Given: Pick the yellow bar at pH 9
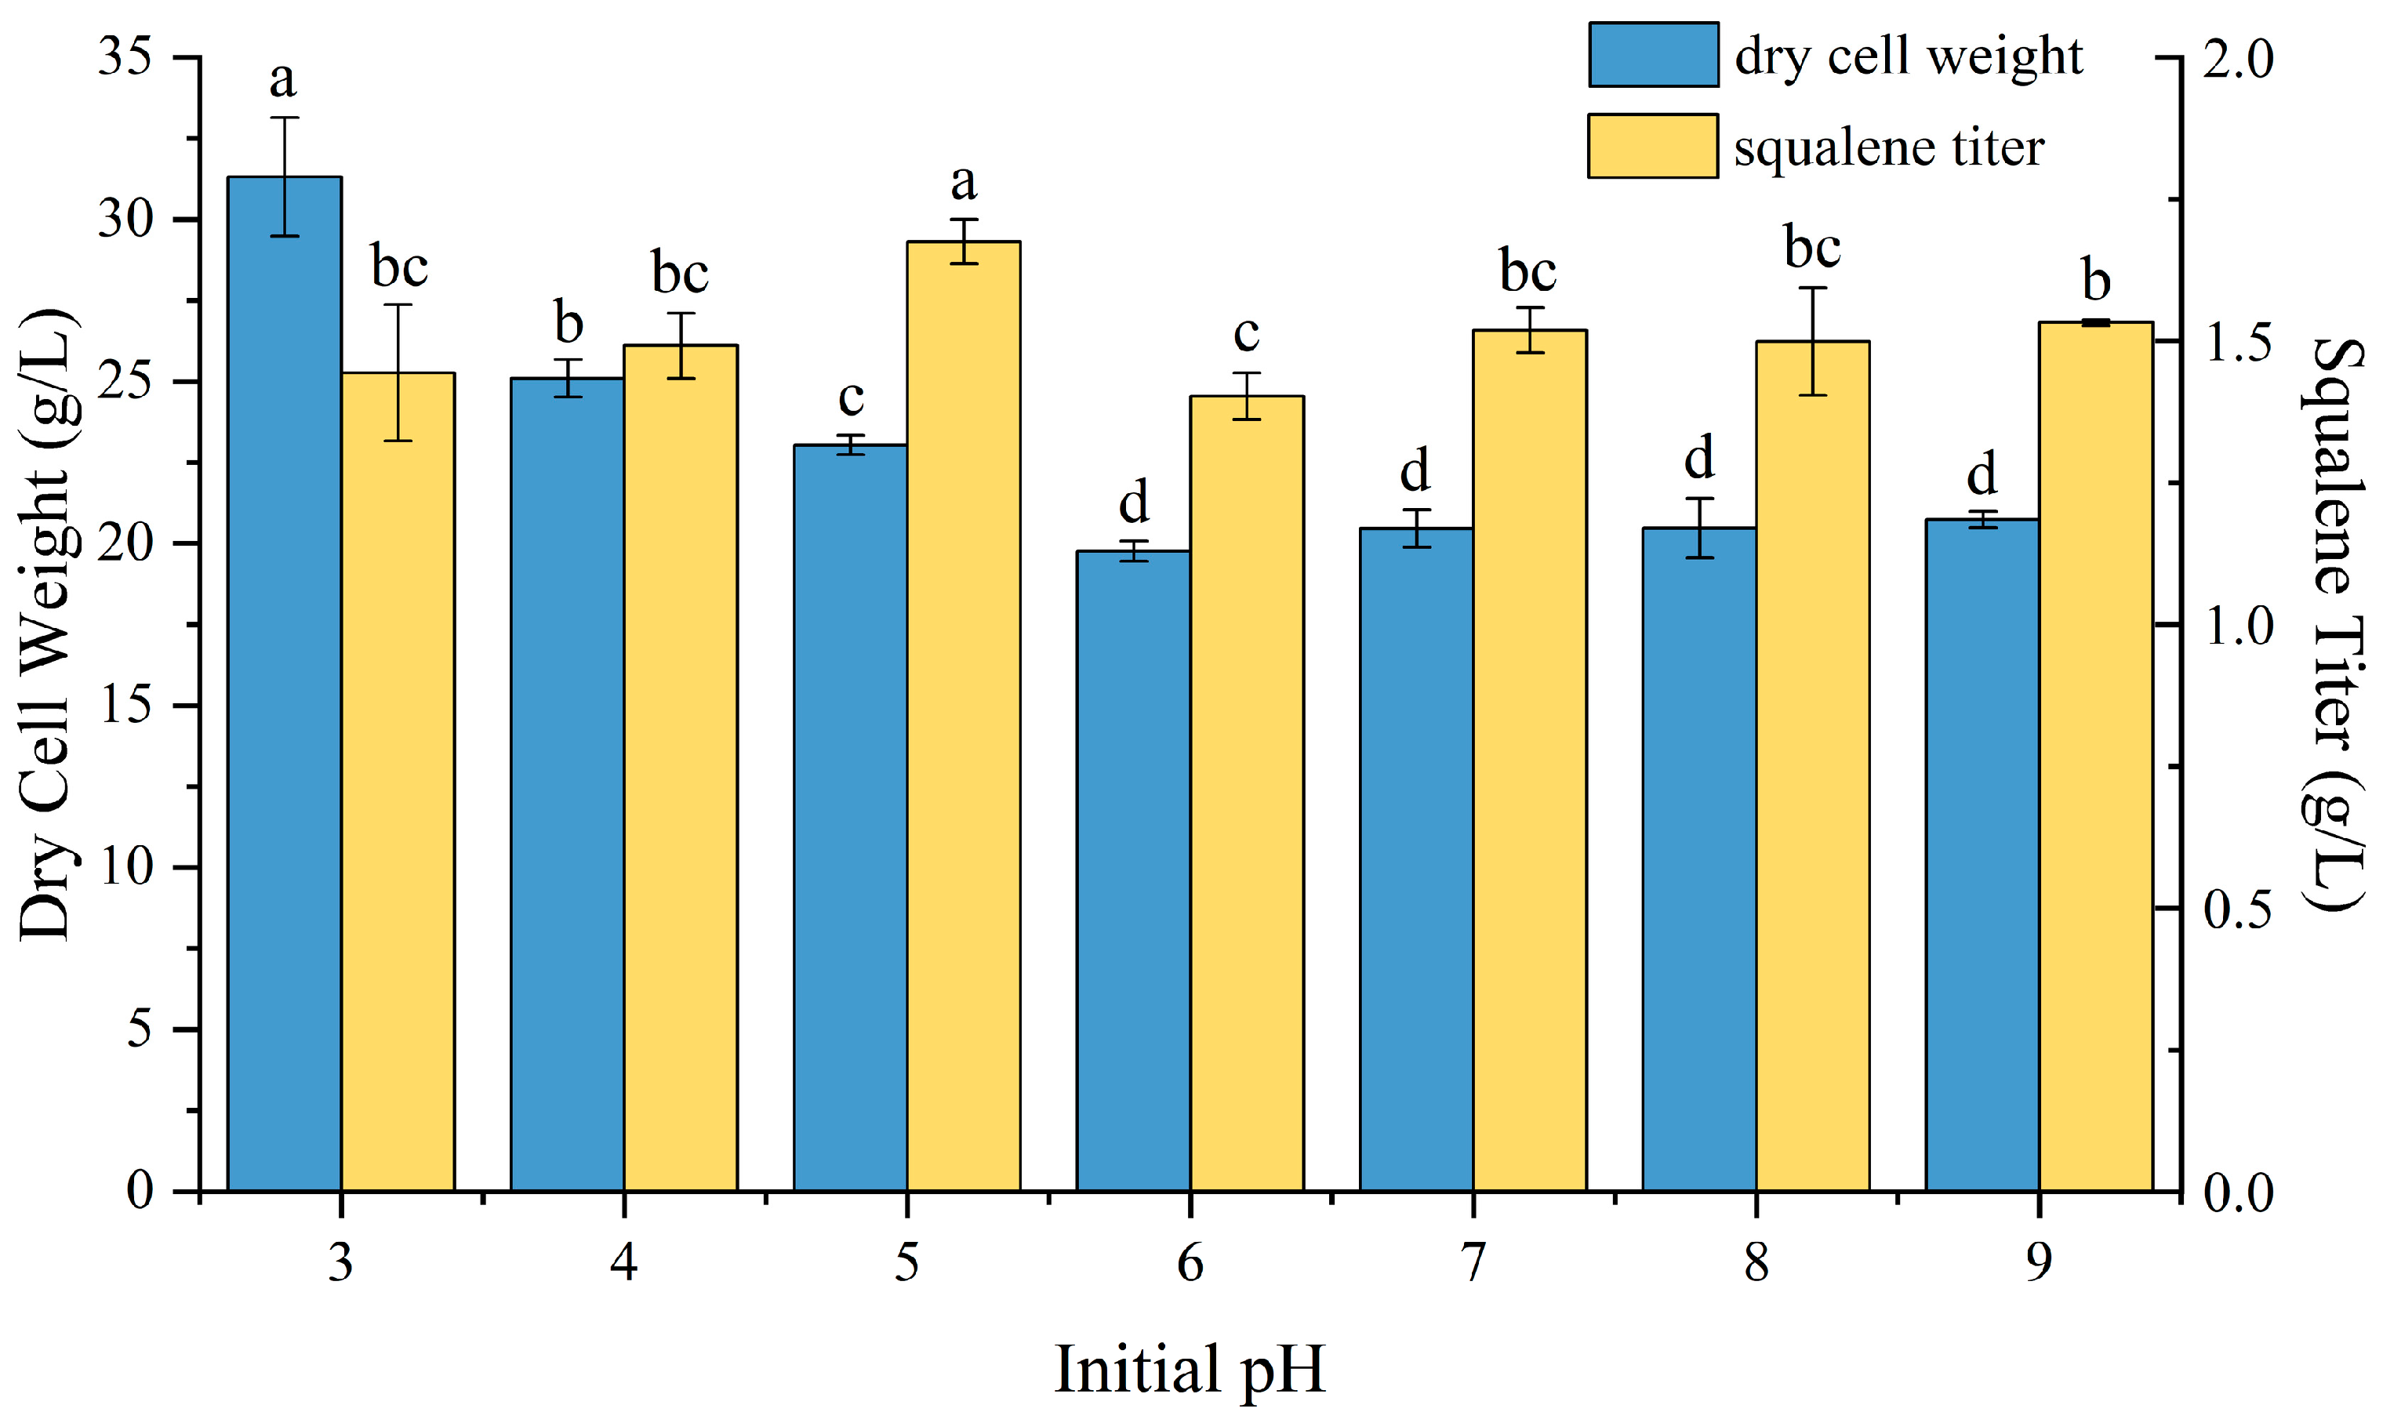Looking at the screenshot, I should coord(2096,757).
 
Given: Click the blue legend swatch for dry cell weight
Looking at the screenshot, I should coord(1653,55).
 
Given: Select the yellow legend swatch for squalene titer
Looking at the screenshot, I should coord(1652,146).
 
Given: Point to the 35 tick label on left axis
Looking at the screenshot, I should coord(125,57).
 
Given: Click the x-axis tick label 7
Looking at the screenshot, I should coord(1473,1263).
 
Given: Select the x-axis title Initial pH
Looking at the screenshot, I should coord(1190,1370).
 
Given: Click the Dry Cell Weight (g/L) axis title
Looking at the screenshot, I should coord(46,623).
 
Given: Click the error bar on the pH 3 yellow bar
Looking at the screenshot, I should coord(398,372).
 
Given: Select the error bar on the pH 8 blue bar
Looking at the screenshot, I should coord(1699,528).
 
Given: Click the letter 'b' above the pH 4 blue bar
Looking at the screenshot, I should coord(569,323).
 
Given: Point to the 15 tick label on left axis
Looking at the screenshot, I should coord(125,706).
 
